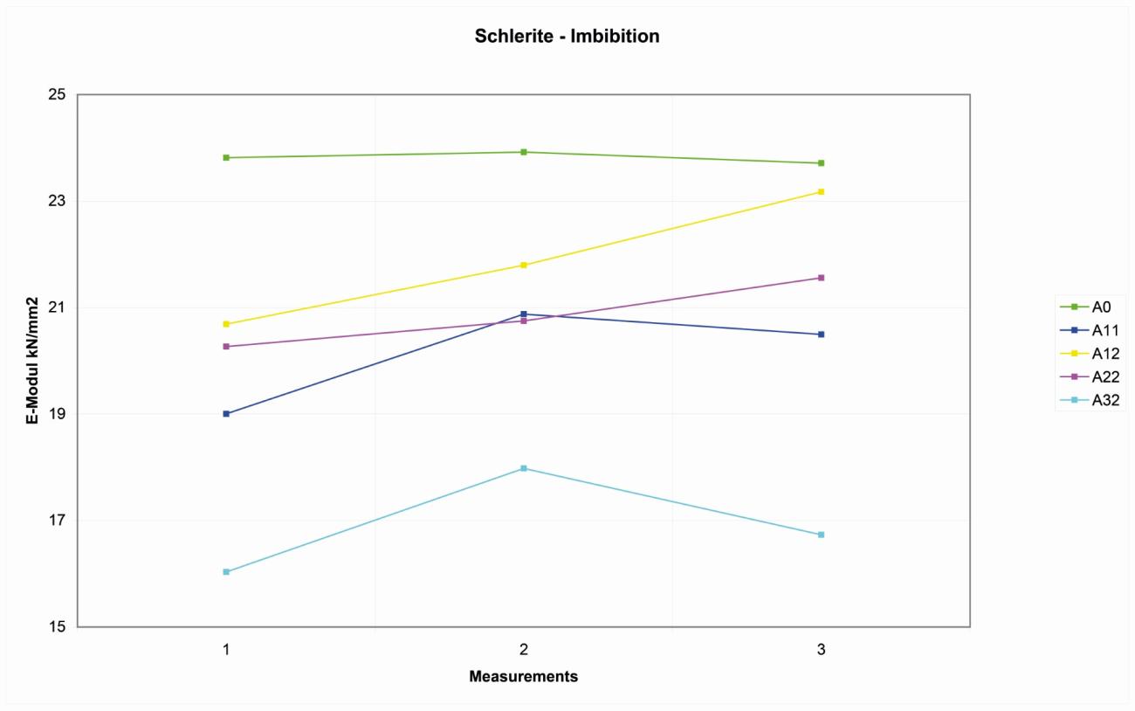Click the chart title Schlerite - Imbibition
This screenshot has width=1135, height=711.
(567, 37)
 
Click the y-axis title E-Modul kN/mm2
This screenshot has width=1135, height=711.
(31, 360)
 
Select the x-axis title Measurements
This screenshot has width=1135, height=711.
(523, 677)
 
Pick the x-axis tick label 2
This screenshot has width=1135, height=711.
(523, 650)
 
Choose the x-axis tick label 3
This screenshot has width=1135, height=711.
(821, 650)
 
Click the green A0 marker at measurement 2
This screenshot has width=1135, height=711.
(524, 152)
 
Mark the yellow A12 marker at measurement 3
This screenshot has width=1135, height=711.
(821, 191)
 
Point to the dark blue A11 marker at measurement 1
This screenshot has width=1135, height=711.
(226, 414)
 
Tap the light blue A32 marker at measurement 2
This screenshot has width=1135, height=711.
(524, 468)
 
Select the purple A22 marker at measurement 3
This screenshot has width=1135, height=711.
(821, 278)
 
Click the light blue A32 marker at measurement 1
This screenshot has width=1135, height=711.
(226, 572)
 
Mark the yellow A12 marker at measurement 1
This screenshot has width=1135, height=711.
(226, 324)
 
